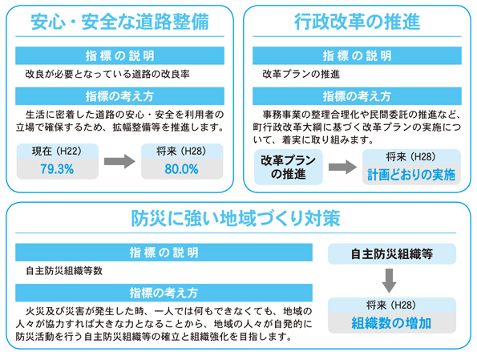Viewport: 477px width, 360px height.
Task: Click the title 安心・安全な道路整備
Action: click(120, 22)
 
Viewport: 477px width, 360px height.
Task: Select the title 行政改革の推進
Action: click(357, 22)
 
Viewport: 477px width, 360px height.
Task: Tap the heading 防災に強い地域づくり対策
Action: click(236, 219)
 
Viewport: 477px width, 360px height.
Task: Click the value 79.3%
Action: click(57, 169)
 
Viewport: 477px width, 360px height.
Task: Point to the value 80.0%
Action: click(182, 169)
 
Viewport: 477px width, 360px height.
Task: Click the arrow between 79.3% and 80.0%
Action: click(119, 161)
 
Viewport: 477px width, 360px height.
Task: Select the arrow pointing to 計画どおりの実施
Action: click(342, 167)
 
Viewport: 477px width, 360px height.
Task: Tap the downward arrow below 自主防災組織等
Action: click(389, 281)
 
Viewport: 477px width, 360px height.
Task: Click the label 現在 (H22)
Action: click(57, 152)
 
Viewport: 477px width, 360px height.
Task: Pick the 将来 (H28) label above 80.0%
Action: click(182, 152)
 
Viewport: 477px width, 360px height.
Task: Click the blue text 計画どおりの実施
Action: click(411, 175)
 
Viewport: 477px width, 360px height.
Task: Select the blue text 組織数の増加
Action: click(391, 323)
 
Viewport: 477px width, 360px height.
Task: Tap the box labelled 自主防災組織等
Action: click(392, 254)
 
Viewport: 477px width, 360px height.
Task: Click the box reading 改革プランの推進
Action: click(288, 167)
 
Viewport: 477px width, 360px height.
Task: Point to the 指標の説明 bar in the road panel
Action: click(120, 55)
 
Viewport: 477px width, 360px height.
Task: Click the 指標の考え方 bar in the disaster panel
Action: click(164, 293)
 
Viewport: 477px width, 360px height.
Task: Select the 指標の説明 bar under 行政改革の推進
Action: click(357, 55)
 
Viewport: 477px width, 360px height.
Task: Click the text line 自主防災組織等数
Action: click(64, 271)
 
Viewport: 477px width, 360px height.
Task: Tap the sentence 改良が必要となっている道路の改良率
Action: click(107, 75)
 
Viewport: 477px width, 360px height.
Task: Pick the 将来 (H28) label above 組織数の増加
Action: click(391, 305)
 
